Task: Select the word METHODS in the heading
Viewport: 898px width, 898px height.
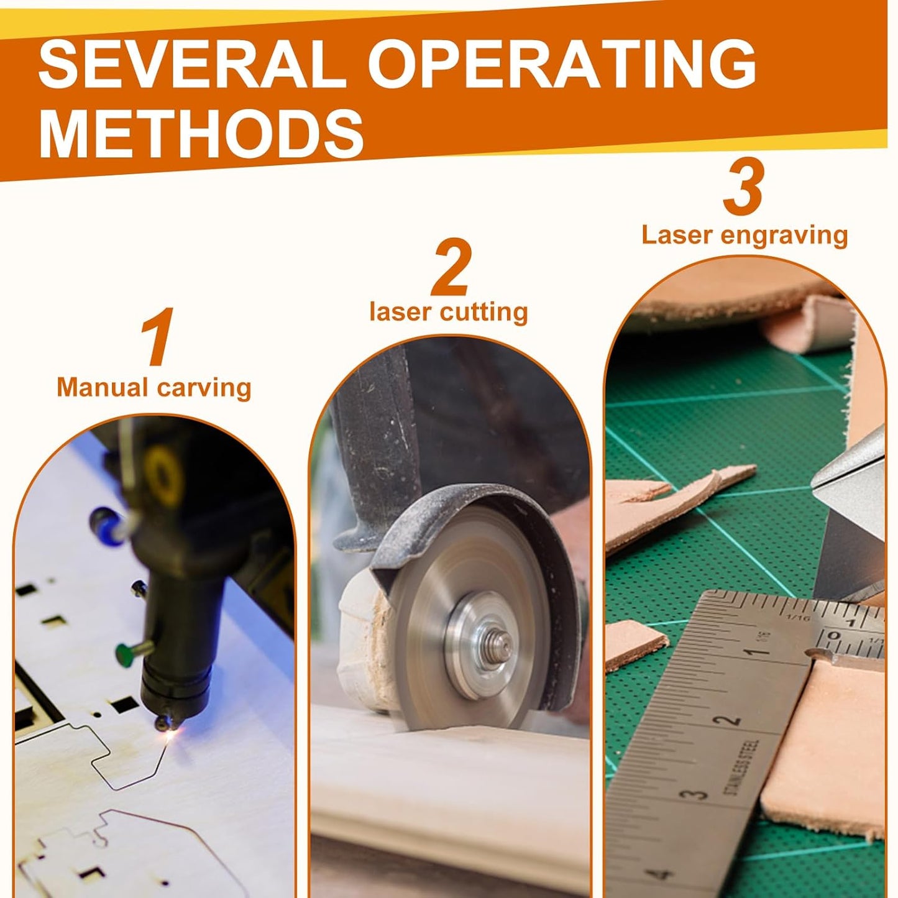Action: (x=201, y=132)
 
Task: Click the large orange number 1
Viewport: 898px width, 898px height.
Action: (x=157, y=336)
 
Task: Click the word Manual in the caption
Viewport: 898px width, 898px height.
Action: (x=101, y=387)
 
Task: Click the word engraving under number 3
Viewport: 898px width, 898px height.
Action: (x=784, y=237)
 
